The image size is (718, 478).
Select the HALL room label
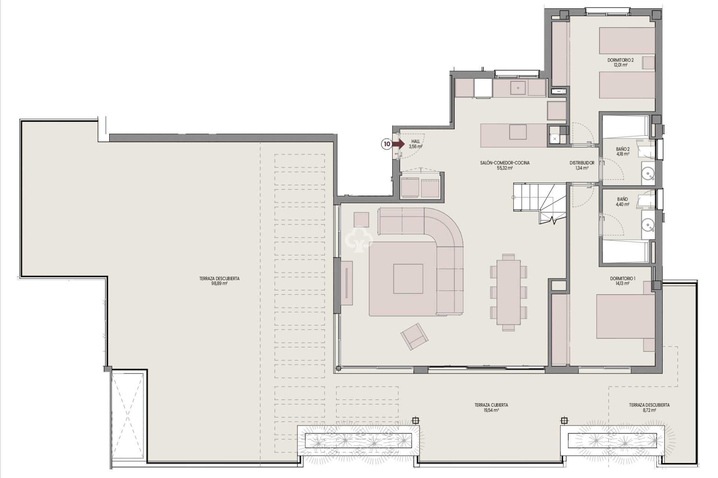click(415, 142)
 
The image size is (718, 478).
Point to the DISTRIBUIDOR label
click(582, 163)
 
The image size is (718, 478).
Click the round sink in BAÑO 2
click(648, 174)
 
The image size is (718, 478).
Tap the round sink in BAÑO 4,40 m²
click(648, 224)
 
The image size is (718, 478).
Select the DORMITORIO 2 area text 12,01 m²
click(620, 65)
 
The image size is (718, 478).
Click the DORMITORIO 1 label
click(622, 279)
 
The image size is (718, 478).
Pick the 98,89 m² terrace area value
click(219, 283)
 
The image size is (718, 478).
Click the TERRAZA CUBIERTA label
click(491, 405)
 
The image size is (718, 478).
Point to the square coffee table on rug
click(408, 279)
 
